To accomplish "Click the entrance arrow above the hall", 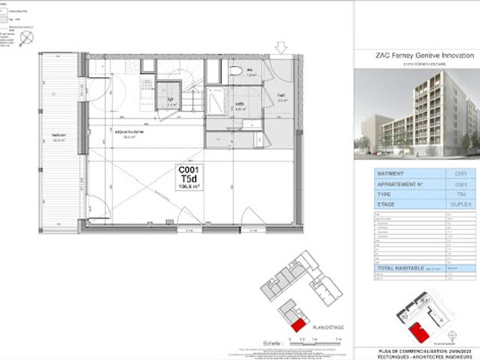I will (282, 49).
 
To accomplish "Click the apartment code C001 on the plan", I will (188, 171).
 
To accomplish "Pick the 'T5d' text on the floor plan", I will (188, 180).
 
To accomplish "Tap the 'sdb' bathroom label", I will (240, 104).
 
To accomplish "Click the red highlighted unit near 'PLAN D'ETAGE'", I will (297, 325).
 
